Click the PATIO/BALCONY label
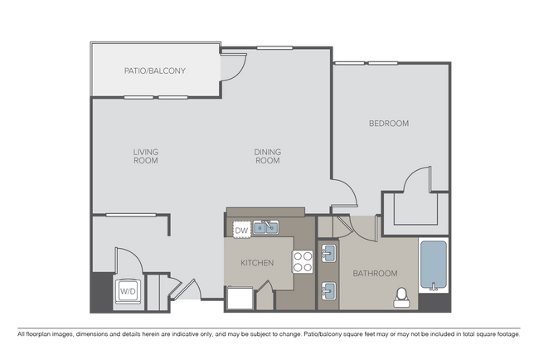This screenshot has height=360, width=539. click(x=155, y=71)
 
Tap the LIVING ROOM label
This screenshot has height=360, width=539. click(x=146, y=156)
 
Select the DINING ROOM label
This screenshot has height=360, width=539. click(x=268, y=156)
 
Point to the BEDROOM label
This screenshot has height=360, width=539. click(x=389, y=124)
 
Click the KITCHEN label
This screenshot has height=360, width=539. click(x=257, y=263)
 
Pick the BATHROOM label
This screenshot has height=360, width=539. click(x=375, y=274)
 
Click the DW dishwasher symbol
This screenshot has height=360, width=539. click(x=241, y=230)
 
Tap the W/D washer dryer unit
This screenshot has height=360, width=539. click(x=128, y=291)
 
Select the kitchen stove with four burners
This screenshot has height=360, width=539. click(x=303, y=261)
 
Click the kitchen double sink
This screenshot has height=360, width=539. click(x=265, y=227)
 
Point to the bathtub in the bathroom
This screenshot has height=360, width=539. click(x=434, y=265)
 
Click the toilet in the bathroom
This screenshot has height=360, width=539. click(x=401, y=298)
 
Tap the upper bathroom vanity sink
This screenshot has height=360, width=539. click(x=328, y=253)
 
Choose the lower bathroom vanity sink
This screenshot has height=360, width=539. click(x=328, y=291)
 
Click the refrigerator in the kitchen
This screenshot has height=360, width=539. click(x=240, y=298)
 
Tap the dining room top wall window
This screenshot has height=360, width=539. click(x=274, y=48)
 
